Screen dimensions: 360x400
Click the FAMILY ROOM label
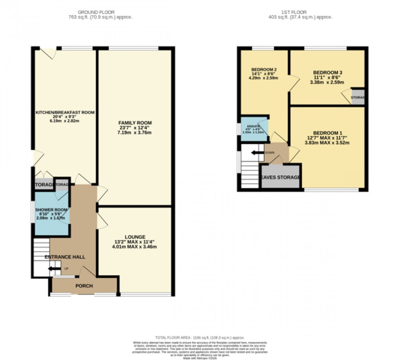pyautogui.click(x=135, y=123)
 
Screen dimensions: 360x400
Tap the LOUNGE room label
pyautogui.click(x=135, y=237)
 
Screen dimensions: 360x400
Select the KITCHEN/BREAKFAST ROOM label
pyautogui.click(x=65, y=113)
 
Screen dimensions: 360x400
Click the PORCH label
pyautogui.click(x=84, y=286)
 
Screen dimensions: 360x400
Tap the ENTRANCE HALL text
pyautogui.click(x=65, y=257)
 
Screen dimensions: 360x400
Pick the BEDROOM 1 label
pyautogui.click(x=327, y=133)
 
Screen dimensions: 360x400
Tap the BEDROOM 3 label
pyautogui.click(x=327, y=73)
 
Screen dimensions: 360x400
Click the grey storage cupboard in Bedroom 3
pyautogui.click(x=358, y=97)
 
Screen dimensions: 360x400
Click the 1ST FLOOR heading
pyautogui.click(x=302, y=12)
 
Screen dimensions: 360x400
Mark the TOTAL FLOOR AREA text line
pyautogui.click(x=200, y=337)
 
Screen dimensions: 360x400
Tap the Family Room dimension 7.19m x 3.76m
pyautogui.click(x=135, y=133)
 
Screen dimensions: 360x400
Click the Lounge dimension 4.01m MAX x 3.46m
pyautogui.click(x=135, y=247)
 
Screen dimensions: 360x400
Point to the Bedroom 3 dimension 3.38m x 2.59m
pyautogui.click(x=327, y=82)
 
